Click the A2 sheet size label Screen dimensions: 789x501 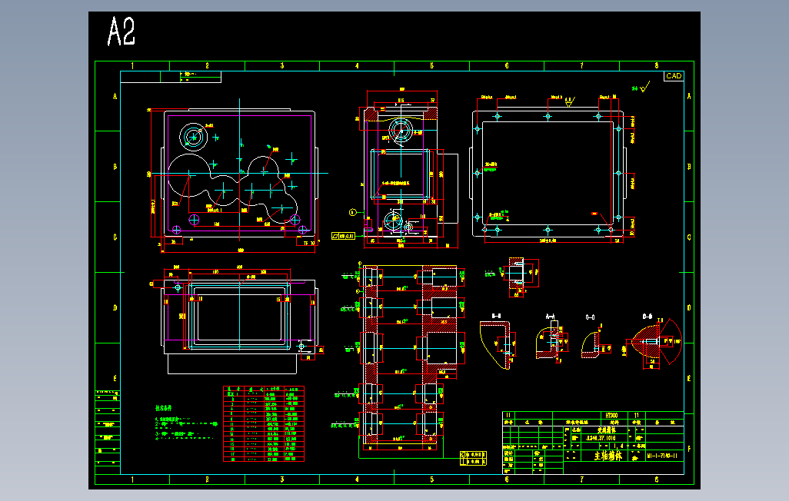point(122,32)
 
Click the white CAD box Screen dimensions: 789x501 point(674,76)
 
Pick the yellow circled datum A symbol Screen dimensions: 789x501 point(353,211)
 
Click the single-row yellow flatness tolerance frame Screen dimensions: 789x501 point(342,236)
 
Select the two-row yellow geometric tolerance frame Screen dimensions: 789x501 point(474,457)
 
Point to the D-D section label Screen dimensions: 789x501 point(648,316)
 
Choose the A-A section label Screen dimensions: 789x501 point(551,316)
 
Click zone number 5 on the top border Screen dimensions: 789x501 point(432,66)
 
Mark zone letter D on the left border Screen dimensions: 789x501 point(115,308)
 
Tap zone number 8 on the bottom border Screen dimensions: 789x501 point(656,479)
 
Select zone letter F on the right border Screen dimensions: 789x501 point(689,448)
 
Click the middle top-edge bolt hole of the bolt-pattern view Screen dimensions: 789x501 point(548,117)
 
